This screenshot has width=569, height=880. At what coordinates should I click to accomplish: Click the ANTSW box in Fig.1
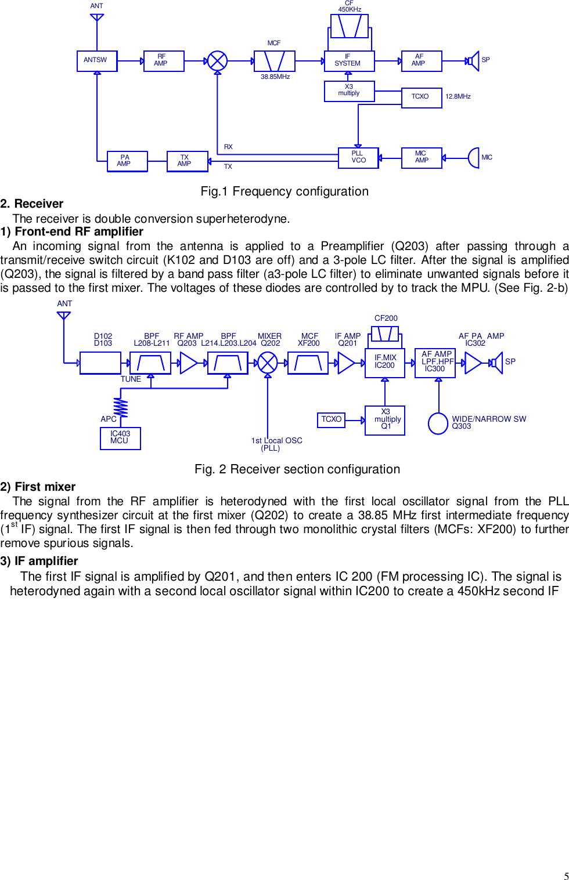[96, 61]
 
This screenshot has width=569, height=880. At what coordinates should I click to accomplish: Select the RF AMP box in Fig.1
[164, 61]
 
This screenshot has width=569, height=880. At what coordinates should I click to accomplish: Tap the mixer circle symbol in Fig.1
[217, 61]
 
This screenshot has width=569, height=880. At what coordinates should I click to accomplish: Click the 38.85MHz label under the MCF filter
[275, 77]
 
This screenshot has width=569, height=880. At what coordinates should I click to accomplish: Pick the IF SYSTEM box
[349, 61]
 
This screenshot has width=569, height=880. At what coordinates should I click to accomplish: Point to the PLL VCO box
[358, 158]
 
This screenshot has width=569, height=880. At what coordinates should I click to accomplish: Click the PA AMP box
[127, 161]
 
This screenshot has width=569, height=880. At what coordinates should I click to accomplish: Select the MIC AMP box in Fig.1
[422, 158]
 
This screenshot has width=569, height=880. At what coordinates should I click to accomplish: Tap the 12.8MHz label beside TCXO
[458, 97]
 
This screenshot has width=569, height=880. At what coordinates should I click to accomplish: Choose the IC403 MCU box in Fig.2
[120, 438]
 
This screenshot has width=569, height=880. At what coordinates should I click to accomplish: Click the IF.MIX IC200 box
[384, 363]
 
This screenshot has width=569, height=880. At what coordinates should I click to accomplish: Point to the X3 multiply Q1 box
[384, 420]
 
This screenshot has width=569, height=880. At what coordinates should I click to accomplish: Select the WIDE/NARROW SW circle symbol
[438, 423]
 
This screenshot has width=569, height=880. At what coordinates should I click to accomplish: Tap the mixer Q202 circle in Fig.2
[267, 363]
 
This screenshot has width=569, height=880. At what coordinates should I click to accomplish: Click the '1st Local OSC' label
[276, 441]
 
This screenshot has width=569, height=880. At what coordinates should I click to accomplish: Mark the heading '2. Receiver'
[32, 204]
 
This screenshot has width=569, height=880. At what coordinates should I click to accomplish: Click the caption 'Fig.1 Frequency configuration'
[284, 191]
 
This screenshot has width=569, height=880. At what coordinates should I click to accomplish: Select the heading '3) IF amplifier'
[39, 561]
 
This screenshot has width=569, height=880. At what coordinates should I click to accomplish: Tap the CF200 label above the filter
[386, 318]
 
